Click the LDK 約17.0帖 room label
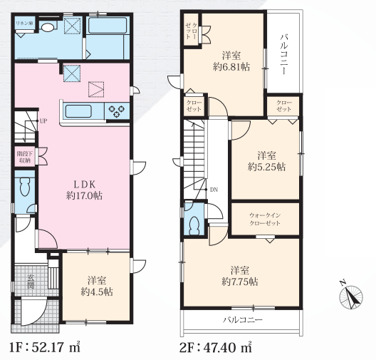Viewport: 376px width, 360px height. tap(85, 190)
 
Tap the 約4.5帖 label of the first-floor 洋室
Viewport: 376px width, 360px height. tap(97, 292)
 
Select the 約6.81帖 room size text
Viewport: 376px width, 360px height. tap(231, 67)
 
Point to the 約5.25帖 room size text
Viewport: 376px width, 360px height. tap(266, 167)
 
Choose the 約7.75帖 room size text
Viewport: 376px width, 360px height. tap(239, 282)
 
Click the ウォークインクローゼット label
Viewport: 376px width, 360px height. tap(265, 219)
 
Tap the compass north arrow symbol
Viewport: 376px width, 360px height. tap(351, 296)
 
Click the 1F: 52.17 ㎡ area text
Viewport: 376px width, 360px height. tap(45, 347)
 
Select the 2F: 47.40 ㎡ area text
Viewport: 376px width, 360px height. tap(216, 347)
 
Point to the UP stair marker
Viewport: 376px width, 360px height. tap(43, 121)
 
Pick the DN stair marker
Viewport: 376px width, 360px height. tap(214, 190)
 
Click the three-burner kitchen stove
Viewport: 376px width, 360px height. tap(117, 110)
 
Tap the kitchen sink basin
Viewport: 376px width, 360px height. tap(78, 111)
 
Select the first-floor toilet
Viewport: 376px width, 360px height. tap(25, 186)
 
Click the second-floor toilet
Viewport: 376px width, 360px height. tap(194, 225)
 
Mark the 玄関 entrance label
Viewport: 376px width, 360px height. tap(31, 282)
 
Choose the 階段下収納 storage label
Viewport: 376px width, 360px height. tap(24, 157)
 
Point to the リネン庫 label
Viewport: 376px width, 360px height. tap(24, 24)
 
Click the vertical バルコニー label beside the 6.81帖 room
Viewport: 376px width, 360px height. tap(283, 54)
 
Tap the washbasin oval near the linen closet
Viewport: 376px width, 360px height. tap(48, 27)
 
